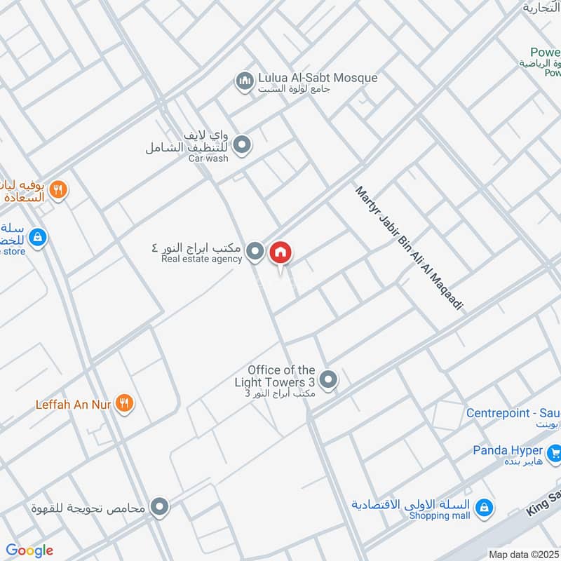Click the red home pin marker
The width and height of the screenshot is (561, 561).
280,253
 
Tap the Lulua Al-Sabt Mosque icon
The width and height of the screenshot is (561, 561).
244,83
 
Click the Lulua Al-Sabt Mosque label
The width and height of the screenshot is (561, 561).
318,78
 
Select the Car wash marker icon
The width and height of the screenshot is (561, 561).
242,146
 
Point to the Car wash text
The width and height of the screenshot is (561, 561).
208,158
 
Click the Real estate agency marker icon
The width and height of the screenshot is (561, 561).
256,251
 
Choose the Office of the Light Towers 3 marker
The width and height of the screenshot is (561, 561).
327,381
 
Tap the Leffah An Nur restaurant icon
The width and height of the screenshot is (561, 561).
125,403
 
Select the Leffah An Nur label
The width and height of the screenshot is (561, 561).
74,405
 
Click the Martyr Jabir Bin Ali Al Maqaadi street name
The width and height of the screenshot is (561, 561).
410,248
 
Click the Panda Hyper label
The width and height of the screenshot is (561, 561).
518,450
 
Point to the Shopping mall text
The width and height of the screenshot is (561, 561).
440,515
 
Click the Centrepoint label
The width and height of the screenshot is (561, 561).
513,413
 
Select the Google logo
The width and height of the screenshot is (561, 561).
29,550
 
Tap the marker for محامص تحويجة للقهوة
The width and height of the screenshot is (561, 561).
160,506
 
